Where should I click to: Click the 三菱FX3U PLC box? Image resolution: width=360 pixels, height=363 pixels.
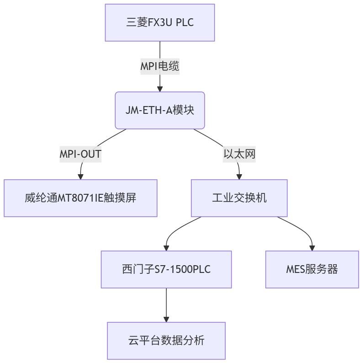[x=159, y=23]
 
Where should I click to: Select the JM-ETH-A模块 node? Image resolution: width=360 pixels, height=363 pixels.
[x=159, y=110]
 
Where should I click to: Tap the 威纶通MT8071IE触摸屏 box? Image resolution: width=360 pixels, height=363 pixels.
[x=80, y=198]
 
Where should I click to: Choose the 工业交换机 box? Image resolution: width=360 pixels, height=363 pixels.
[x=239, y=198]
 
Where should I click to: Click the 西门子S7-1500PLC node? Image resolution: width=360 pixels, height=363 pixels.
[x=166, y=269]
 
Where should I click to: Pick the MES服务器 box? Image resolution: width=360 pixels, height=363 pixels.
[x=312, y=269]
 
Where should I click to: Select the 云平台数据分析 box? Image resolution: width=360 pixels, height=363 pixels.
[x=166, y=341]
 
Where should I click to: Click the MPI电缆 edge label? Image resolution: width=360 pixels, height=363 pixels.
[x=159, y=66]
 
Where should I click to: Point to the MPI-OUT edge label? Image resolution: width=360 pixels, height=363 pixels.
[x=80, y=154]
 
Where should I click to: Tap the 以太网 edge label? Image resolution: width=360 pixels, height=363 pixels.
[x=239, y=154]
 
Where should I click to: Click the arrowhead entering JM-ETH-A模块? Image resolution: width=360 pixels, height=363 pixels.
[x=159, y=89]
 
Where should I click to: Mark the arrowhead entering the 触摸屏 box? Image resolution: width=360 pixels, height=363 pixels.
[x=81, y=176]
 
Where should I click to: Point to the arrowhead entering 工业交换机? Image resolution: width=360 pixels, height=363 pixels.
[x=239, y=176]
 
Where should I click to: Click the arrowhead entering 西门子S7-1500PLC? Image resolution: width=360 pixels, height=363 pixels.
[x=166, y=248]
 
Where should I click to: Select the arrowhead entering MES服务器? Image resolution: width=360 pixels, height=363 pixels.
[x=312, y=248]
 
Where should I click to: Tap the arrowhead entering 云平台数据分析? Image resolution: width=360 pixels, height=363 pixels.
[x=166, y=319]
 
